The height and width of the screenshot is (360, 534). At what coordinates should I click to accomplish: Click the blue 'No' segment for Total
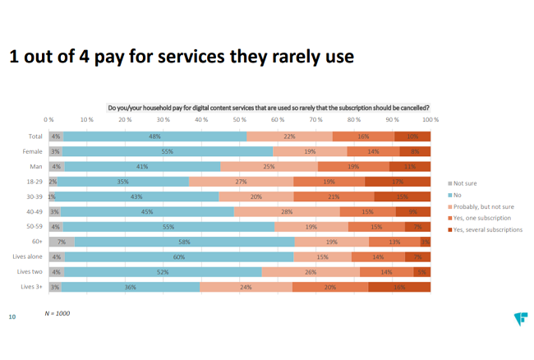[154, 136]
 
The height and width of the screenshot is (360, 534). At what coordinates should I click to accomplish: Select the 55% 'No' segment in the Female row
[168, 151]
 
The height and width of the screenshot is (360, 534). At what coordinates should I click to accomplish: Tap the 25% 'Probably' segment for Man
[269, 167]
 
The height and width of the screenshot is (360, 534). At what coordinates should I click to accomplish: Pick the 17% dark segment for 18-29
[398, 182]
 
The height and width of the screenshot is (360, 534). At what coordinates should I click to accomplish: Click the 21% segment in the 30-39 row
[334, 196]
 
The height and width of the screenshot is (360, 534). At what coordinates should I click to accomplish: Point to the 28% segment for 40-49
[287, 211]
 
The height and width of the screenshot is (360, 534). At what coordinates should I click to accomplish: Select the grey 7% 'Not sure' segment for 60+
[62, 242]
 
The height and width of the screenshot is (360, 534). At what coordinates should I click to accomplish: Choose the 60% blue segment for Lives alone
[179, 256]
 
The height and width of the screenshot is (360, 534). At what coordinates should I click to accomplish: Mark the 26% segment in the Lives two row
[311, 271]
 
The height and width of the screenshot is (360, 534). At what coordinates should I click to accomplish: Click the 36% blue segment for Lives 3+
[131, 287]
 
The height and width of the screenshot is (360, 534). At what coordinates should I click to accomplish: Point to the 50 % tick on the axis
[240, 119]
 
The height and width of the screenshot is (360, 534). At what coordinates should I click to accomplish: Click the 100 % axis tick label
[430, 119]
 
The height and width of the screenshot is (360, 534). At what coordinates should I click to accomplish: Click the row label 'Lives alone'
[29, 256]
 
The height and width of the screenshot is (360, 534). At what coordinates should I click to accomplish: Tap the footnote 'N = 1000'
[58, 313]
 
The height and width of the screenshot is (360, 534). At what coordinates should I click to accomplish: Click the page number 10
[12, 316]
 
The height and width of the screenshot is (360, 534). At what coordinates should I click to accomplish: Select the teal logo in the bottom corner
[519, 317]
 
